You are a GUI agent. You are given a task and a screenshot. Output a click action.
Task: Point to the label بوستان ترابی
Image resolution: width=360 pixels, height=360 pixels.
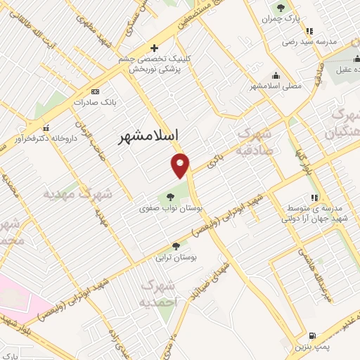pyautogui.click(x=179, y=258)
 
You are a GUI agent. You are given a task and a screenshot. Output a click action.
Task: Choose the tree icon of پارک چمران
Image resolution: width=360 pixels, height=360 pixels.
pyautogui.click(x=281, y=8)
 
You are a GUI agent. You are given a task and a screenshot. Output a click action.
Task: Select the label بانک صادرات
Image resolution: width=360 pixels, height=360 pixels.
pyautogui.click(x=97, y=101)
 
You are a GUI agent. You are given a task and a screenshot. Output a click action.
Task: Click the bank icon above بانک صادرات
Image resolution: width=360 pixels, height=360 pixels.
pyautogui.click(x=96, y=91)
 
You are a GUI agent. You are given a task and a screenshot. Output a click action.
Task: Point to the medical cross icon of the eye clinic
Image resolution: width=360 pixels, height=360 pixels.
pyautogui.click(x=154, y=47)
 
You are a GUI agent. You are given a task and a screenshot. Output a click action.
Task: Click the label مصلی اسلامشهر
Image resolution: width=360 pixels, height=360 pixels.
pyautogui.click(x=276, y=86)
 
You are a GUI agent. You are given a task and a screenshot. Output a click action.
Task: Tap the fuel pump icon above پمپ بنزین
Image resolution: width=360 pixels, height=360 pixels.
pyautogui.click(x=312, y=335)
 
